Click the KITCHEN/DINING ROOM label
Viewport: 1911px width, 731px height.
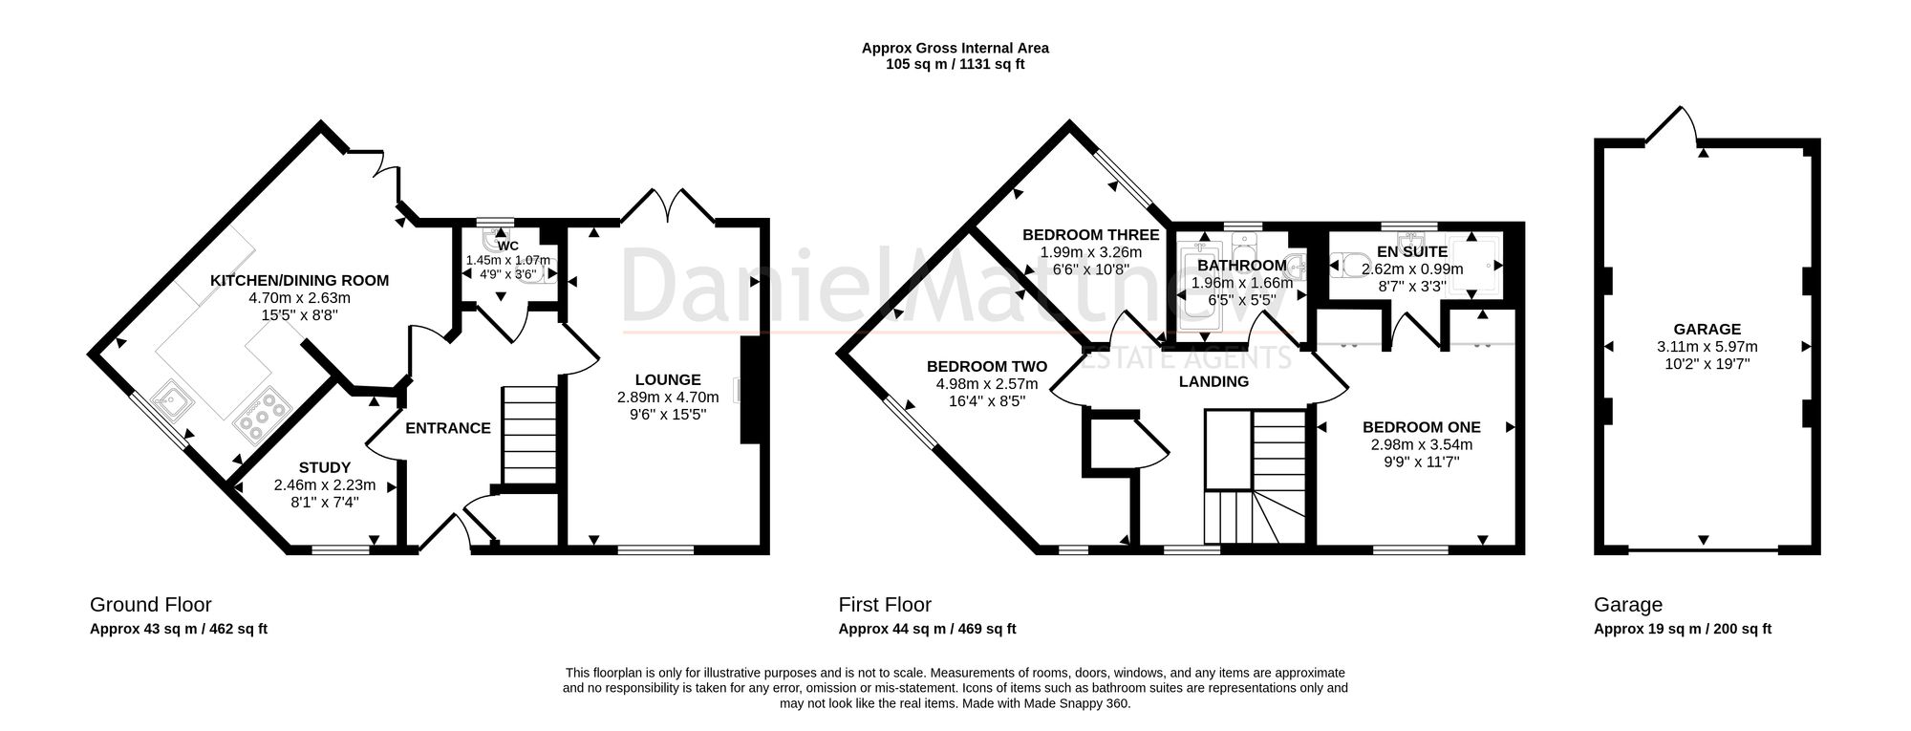click(x=299, y=281)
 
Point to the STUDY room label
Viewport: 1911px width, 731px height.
click(x=325, y=468)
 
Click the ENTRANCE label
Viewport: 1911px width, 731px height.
click(x=448, y=428)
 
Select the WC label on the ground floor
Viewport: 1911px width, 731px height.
click(x=507, y=246)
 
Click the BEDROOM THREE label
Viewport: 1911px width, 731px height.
click(x=1090, y=235)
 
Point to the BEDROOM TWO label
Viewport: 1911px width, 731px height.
click(x=987, y=366)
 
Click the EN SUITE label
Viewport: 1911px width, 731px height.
click(x=1412, y=252)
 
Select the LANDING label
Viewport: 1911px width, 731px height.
click(x=1213, y=382)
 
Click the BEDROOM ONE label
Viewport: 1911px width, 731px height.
click(x=1422, y=427)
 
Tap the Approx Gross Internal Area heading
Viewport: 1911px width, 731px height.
click(x=955, y=48)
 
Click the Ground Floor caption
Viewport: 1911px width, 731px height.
click(x=151, y=604)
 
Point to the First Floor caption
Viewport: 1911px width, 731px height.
click(x=885, y=604)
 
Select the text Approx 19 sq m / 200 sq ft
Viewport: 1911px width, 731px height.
click(x=1683, y=629)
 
